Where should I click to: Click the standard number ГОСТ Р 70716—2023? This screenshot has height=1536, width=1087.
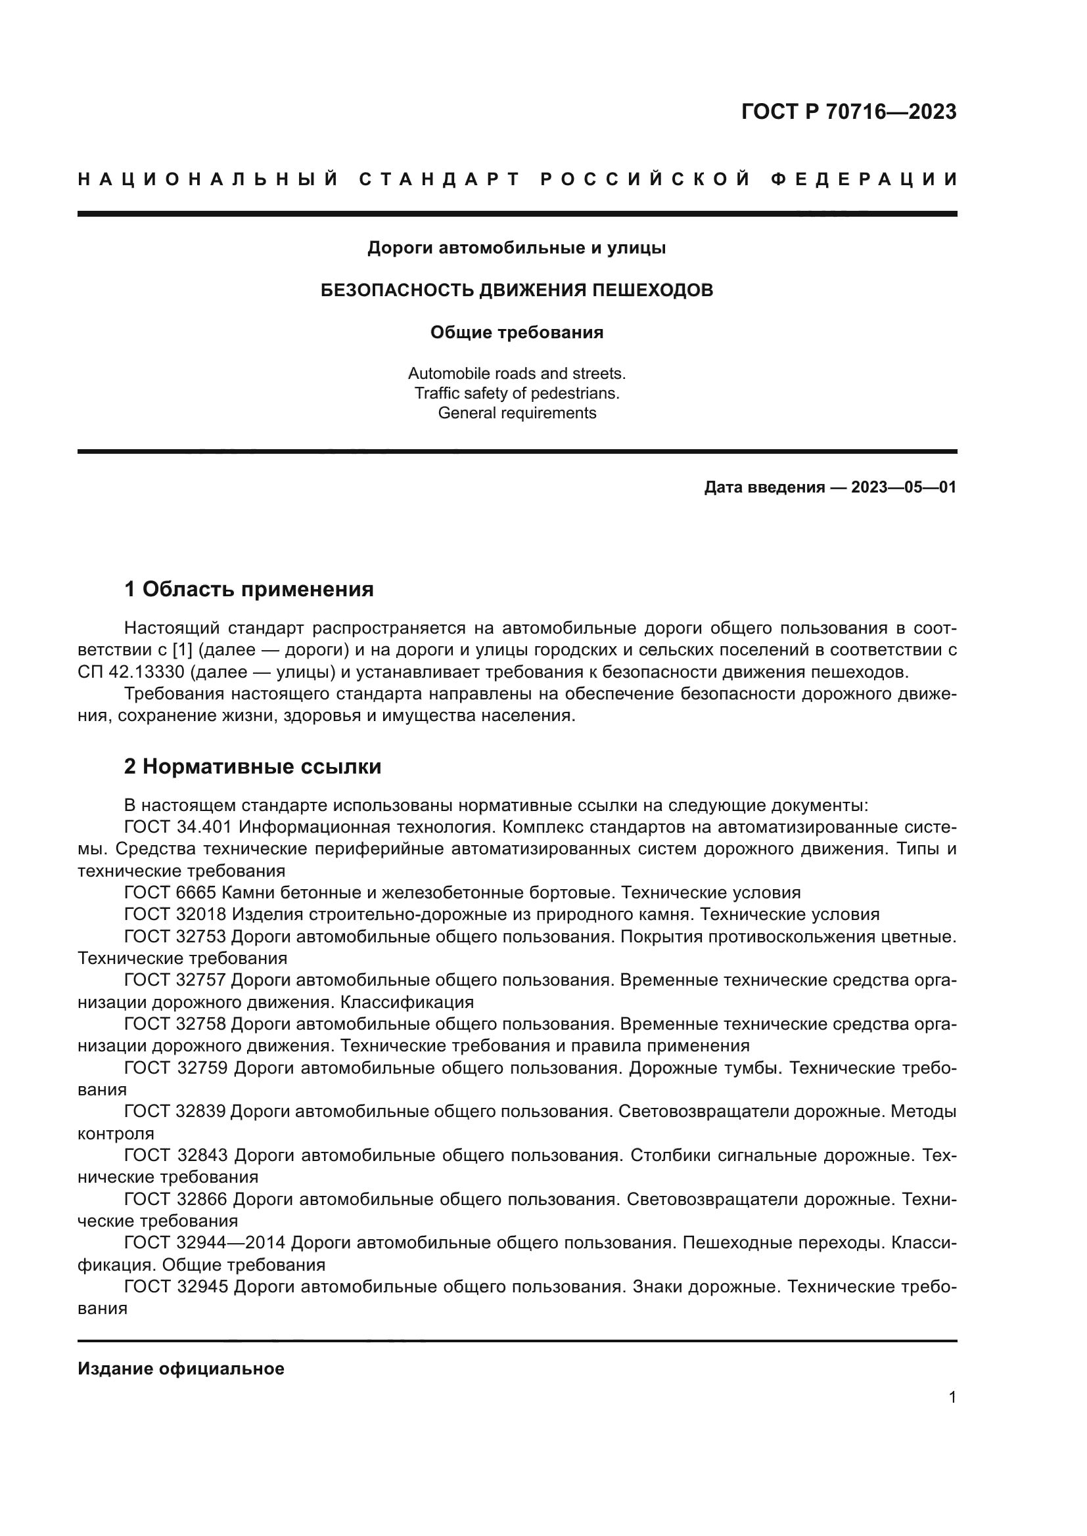tap(848, 112)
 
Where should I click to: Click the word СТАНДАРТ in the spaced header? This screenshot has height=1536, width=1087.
tap(440, 179)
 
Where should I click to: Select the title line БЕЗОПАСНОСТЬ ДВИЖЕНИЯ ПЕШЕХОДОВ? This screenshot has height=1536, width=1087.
tap(517, 290)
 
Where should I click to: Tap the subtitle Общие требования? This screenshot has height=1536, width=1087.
tap(517, 332)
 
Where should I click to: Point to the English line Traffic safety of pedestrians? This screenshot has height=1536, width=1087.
tap(517, 393)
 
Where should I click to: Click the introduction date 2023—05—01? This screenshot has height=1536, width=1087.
tap(904, 487)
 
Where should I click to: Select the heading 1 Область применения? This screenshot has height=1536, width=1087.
tap(249, 589)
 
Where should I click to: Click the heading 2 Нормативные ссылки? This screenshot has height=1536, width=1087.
tap(253, 766)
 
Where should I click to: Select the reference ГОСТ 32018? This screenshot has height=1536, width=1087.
tap(175, 915)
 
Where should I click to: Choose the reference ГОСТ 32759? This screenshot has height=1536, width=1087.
tap(175, 1068)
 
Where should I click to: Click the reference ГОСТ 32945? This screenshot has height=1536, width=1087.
tap(175, 1286)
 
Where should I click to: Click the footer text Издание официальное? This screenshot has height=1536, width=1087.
tap(181, 1369)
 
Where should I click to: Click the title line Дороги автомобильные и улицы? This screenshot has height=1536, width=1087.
tap(517, 248)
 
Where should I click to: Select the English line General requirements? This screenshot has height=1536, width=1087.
tap(517, 413)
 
